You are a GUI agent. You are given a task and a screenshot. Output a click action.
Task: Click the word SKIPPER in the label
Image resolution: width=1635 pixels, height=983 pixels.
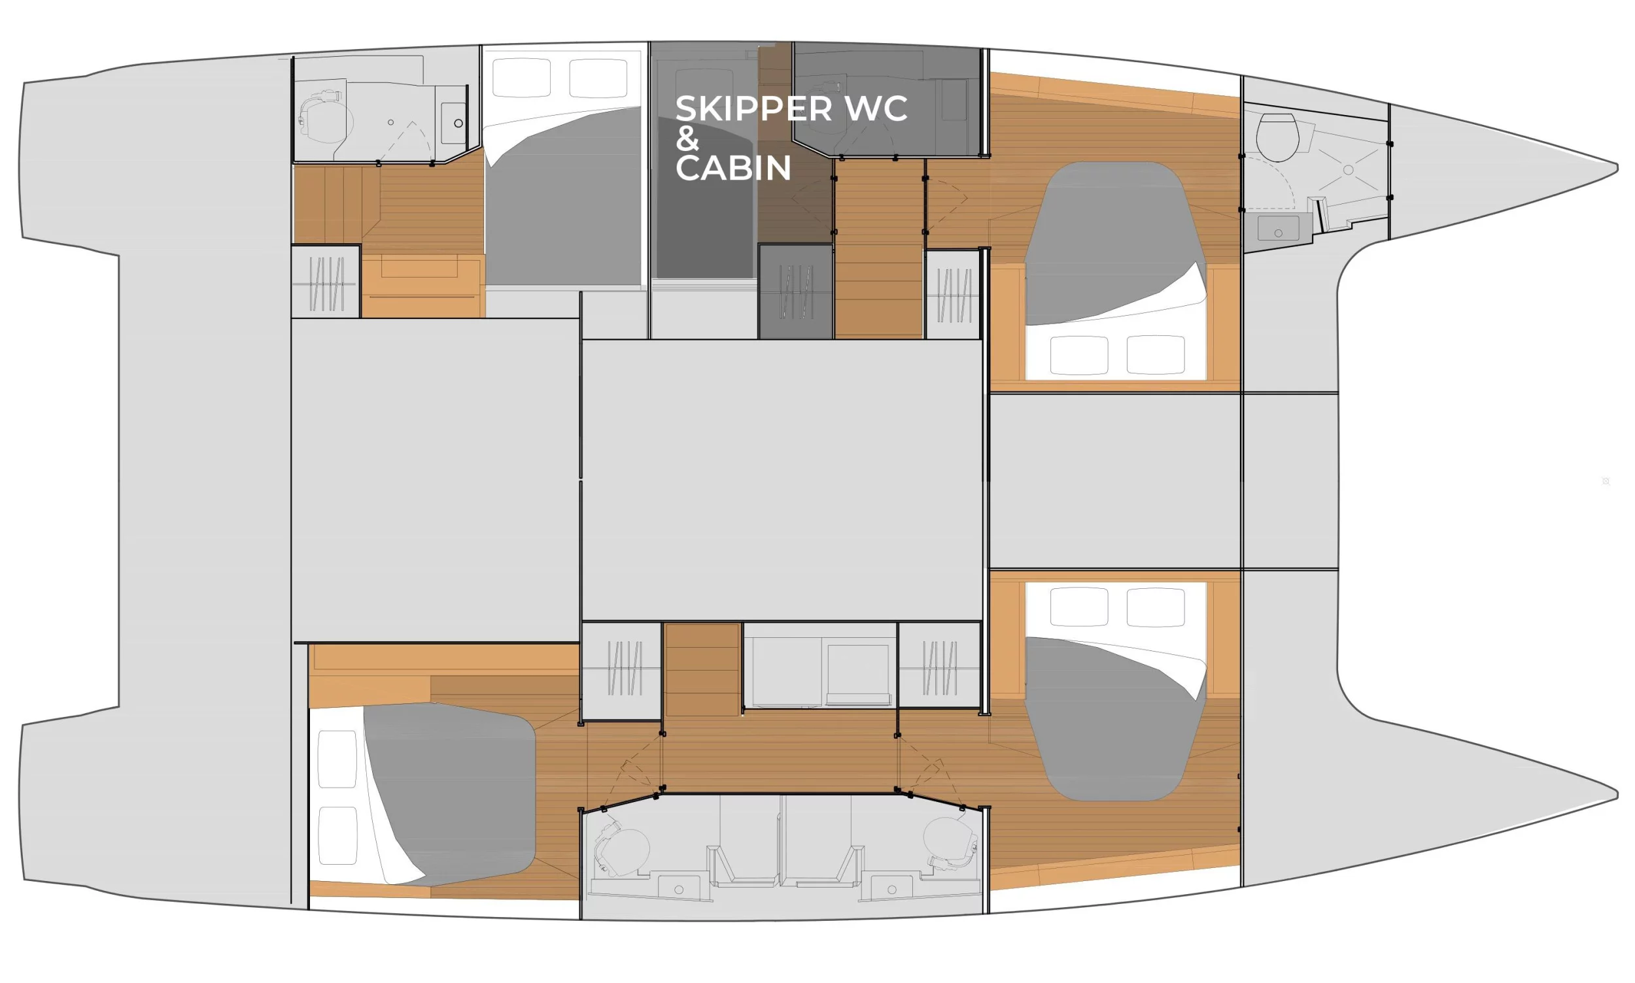[x=753, y=109]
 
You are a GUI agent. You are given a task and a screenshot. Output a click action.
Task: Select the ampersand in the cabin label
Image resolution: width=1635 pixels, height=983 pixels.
[x=687, y=139]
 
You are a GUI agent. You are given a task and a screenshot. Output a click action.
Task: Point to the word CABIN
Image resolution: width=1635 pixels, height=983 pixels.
[x=733, y=168]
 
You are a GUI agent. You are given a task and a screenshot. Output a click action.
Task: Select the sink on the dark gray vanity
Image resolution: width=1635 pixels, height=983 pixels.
[x=1278, y=229]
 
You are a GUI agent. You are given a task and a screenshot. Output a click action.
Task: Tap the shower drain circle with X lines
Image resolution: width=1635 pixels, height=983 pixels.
[x=1347, y=170]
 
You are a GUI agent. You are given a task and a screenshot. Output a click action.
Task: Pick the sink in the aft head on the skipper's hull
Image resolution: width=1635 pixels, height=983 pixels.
[x=453, y=122]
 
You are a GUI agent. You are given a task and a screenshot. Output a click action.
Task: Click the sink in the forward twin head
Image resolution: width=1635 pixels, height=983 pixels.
[x=891, y=888]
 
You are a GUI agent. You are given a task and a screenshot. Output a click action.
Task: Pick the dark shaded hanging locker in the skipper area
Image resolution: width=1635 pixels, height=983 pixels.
[x=795, y=292]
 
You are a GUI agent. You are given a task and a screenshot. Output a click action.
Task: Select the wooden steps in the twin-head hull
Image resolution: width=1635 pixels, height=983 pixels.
[x=702, y=669]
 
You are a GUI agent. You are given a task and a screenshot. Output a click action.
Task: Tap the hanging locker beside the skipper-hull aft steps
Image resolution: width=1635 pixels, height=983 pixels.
[x=326, y=282]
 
